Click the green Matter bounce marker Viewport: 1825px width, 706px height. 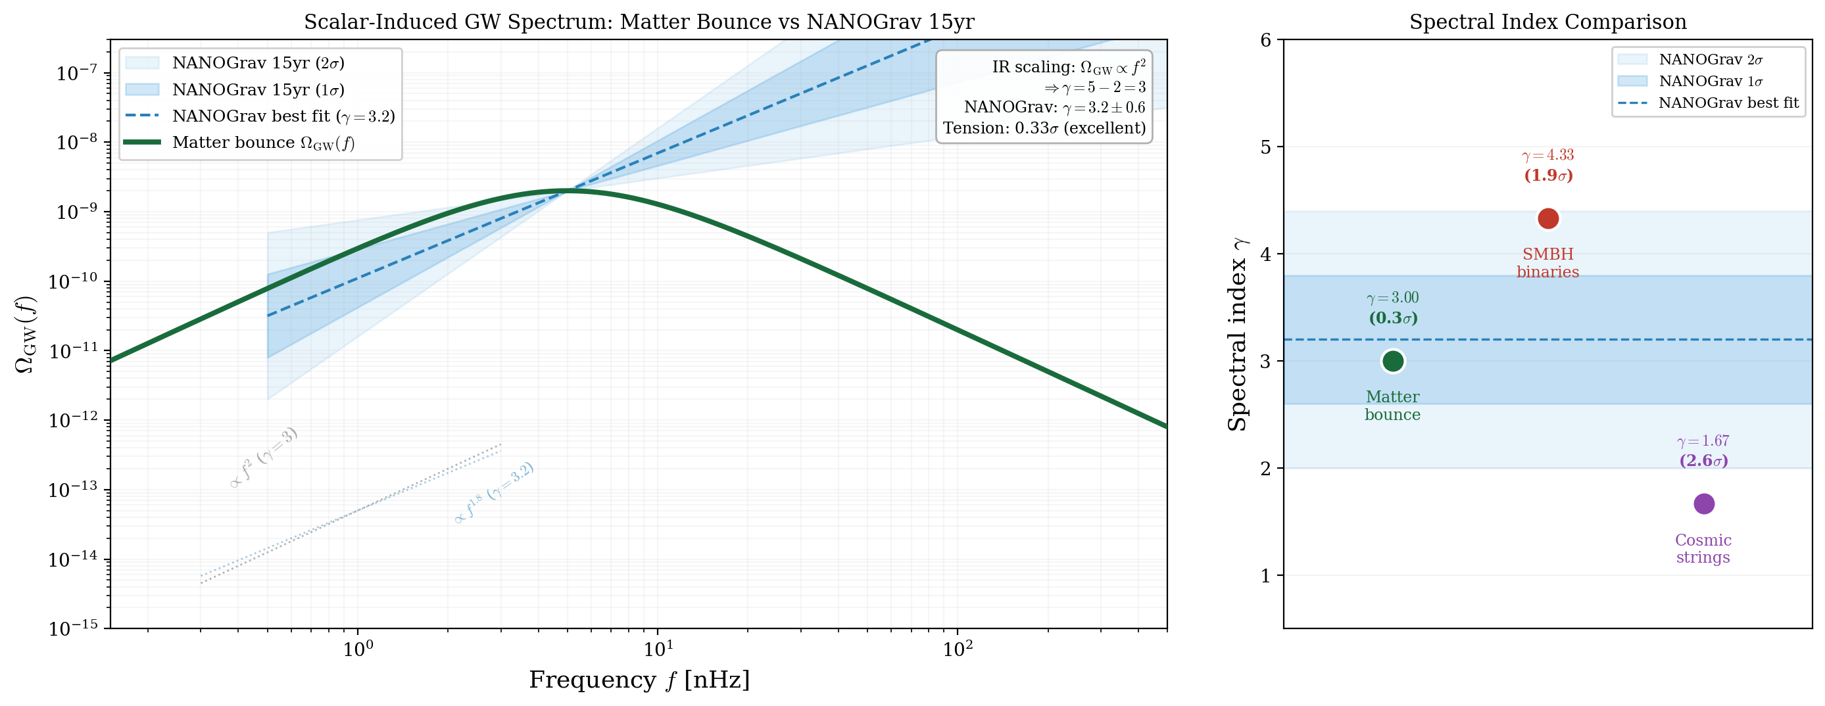click(1392, 361)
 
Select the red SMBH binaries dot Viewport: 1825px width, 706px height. click(1547, 219)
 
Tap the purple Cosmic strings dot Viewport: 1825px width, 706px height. click(1703, 504)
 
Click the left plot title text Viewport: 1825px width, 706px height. click(639, 22)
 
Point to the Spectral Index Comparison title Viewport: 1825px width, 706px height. click(1547, 22)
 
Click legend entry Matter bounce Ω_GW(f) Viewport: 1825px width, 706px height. click(263, 143)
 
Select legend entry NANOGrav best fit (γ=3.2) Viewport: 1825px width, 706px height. click(283, 116)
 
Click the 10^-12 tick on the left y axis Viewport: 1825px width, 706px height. click(73, 421)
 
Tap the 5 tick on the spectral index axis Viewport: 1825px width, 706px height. click(1266, 147)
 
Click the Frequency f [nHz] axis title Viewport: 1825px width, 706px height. click(639, 680)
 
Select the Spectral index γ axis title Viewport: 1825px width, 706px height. click(1237, 334)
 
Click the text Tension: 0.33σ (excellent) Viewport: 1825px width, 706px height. click(1044, 128)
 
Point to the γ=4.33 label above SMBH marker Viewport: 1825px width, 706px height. click(1547, 155)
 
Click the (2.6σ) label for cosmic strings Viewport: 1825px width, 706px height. click(1703, 461)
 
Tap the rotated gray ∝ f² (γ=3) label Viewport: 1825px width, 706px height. click(264, 458)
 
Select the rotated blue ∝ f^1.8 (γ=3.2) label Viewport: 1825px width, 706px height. click(494, 493)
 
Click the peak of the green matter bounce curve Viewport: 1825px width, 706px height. click(567, 191)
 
